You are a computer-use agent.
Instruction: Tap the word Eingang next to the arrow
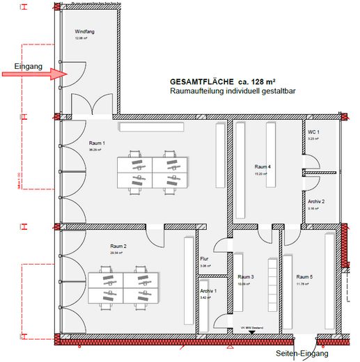pyautogui.click(x=28, y=67)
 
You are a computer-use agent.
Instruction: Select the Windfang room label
pyautogui.click(x=85, y=33)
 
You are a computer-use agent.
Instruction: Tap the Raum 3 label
pyautogui.click(x=246, y=277)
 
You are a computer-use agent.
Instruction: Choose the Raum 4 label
pyautogui.click(x=262, y=167)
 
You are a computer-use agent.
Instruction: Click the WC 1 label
pyautogui.click(x=313, y=132)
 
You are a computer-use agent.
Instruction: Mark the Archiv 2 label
pyautogui.click(x=316, y=201)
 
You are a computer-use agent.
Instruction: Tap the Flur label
pyautogui.click(x=204, y=259)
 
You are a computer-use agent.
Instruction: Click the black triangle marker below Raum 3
pyautogui.click(x=250, y=333)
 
